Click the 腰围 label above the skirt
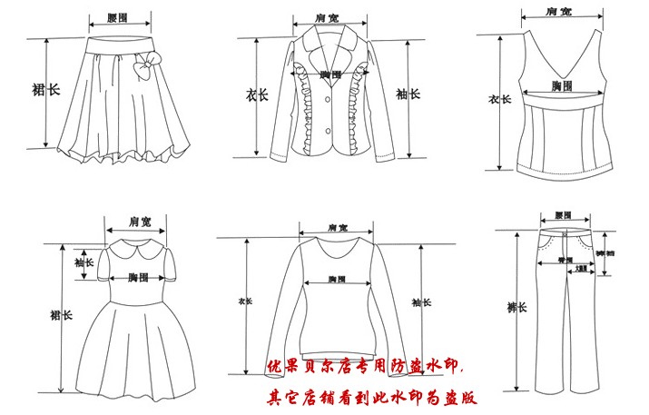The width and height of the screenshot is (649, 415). click(x=117, y=18)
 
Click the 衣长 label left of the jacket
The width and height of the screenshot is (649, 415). click(x=257, y=94)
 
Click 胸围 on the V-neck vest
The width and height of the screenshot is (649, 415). click(x=562, y=85)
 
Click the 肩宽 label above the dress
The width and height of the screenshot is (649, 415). click(x=139, y=221)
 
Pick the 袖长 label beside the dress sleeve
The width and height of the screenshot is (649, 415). click(x=84, y=262)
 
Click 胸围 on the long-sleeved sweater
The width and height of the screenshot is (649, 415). click(x=337, y=278)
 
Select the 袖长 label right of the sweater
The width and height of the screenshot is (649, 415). click(x=418, y=302)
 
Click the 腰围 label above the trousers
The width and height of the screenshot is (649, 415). click(x=563, y=216)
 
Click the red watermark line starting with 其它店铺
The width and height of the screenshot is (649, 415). click(x=371, y=397)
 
